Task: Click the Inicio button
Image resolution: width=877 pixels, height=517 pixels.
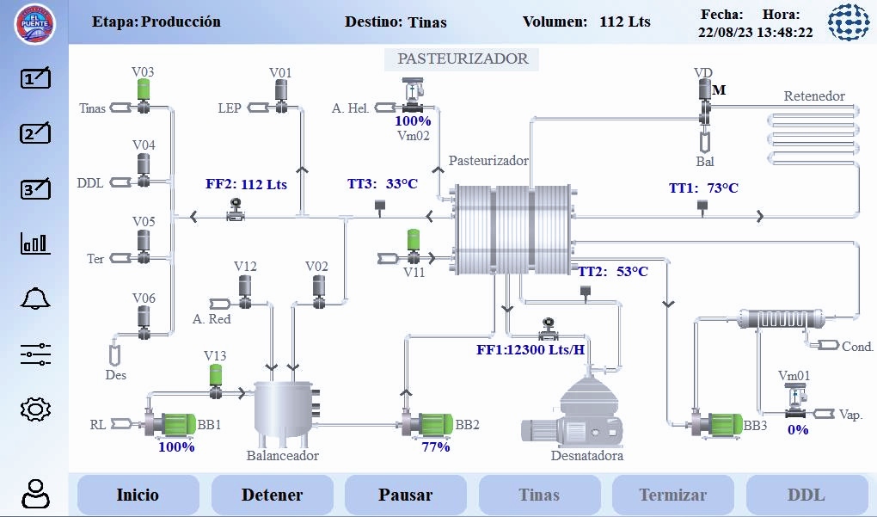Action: click(x=138, y=495)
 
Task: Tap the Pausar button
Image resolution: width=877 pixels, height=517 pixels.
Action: click(x=405, y=495)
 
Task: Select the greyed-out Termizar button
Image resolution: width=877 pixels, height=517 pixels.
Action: click(x=672, y=495)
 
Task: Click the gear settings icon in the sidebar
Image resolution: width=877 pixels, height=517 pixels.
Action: click(x=35, y=409)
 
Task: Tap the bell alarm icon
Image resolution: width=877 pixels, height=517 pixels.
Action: click(x=35, y=299)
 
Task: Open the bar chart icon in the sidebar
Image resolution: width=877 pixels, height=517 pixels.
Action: click(x=35, y=244)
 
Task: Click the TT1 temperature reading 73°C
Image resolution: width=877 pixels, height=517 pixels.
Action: click(x=704, y=188)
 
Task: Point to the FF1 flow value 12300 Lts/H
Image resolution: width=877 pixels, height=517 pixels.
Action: click(x=530, y=349)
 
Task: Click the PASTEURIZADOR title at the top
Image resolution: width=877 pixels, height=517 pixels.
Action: click(x=462, y=58)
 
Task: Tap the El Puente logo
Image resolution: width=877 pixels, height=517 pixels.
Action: click(x=34, y=23)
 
